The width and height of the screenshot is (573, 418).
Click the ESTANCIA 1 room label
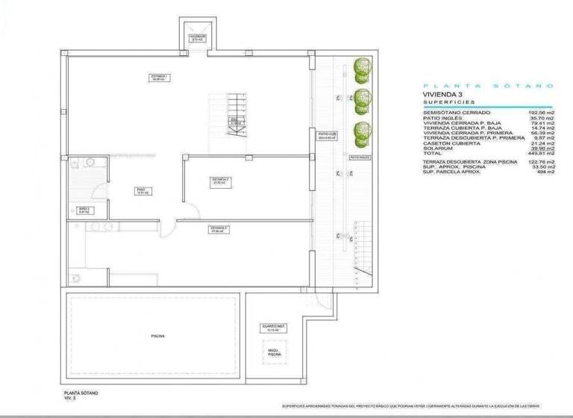(x=157, y=78)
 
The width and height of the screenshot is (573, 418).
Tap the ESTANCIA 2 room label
(x=219, y=181)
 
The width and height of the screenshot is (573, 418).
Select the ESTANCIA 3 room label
(x=219, y=229)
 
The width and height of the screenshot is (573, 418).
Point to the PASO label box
(x=140, y=190)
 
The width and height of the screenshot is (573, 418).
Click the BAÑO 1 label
(x=84, y=210)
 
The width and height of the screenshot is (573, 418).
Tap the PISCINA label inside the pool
(x=157, y=336)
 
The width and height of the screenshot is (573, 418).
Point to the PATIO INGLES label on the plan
(x=360, y=158)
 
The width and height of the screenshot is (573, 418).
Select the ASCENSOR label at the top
(x=198, y=37)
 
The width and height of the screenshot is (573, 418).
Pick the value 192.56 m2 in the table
(x=540, y=113)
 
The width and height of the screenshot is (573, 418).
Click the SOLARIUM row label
(x=437, y=148)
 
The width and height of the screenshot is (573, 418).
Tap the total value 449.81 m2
(x=540, y=153)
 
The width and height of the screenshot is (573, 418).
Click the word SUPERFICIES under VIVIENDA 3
(x=451, y=104)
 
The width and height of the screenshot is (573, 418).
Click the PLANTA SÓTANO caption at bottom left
(x=81, y=393)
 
